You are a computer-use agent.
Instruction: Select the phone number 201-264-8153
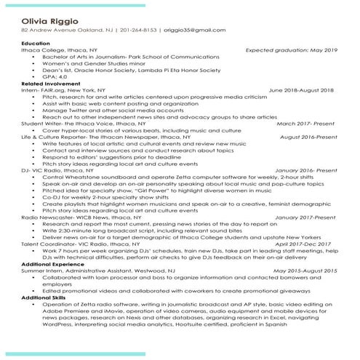(135, 31)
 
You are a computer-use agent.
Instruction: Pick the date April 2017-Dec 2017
(305, 264)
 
